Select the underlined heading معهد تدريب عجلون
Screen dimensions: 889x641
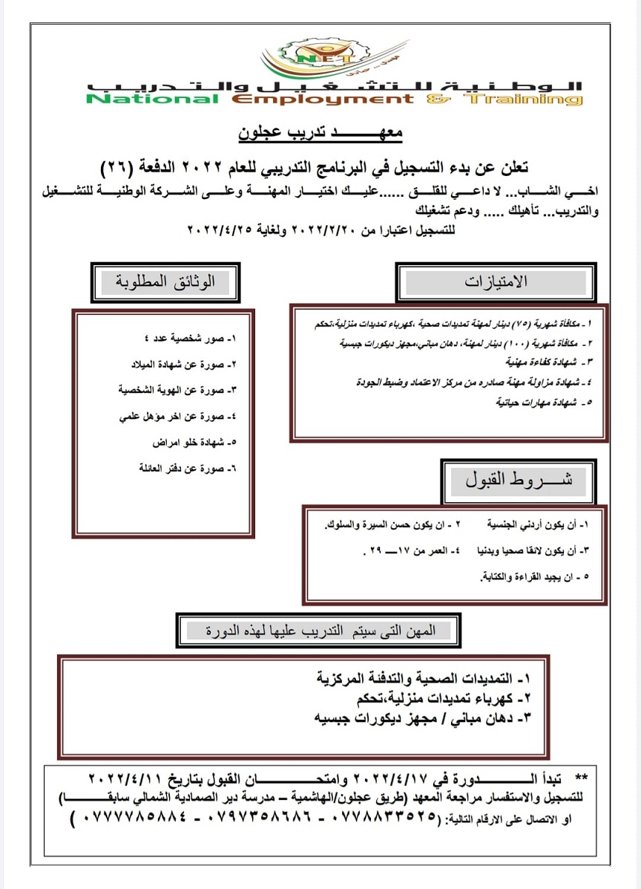320,134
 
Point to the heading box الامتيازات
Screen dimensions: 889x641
496,282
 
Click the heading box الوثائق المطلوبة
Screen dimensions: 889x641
166,282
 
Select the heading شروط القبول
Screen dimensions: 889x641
519,480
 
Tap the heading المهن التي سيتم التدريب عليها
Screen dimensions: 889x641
319,631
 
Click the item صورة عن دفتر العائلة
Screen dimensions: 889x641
186,468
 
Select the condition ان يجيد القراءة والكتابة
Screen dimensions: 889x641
533,576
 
